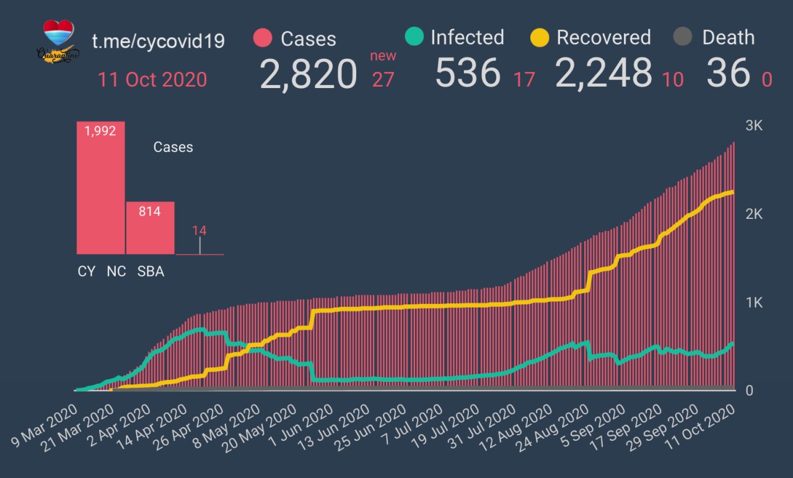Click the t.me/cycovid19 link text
[158, 41]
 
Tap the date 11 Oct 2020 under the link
[152, 80]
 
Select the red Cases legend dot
[263, 38]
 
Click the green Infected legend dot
[413, 37]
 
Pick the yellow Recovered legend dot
[540, 38]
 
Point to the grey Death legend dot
[682, 38]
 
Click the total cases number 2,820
[309, 74]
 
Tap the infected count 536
[468, 73]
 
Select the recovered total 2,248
[604, 73]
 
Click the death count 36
[728, 73]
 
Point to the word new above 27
[383, 56]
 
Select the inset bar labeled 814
[150, 228]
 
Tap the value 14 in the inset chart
[199, 231]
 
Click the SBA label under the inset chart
[151, 272]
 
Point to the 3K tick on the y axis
[754, 126]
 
